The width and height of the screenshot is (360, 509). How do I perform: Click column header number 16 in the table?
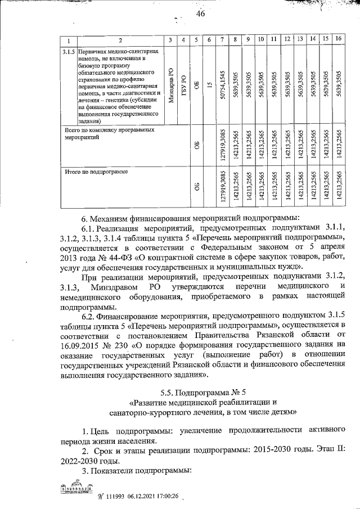coord(337,39)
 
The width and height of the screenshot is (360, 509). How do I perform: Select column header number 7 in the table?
coord(222,39)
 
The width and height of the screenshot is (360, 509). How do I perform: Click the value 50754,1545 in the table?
coord(223,84)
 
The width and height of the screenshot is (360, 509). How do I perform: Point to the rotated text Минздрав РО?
coord(171,85)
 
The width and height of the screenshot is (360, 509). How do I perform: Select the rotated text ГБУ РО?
coord(183,85)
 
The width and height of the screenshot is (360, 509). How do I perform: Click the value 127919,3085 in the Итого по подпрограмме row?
coord(223,186)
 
